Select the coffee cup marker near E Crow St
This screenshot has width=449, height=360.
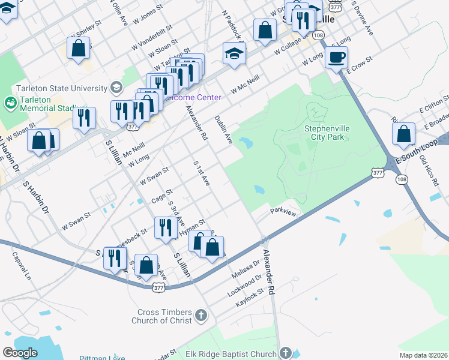click(336, 58)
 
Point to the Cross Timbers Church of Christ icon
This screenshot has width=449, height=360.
click(201, 314)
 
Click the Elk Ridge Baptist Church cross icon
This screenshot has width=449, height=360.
click(286, 353)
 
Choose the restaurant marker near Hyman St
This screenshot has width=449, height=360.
click(164, 227)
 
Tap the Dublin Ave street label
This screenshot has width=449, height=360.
click(223, 130)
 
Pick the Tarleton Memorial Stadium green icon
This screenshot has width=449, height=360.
click(11, 103)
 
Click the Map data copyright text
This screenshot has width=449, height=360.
click(424, 355)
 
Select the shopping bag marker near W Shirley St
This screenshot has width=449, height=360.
click(79, 49)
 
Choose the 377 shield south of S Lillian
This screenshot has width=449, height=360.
click(158, 288)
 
